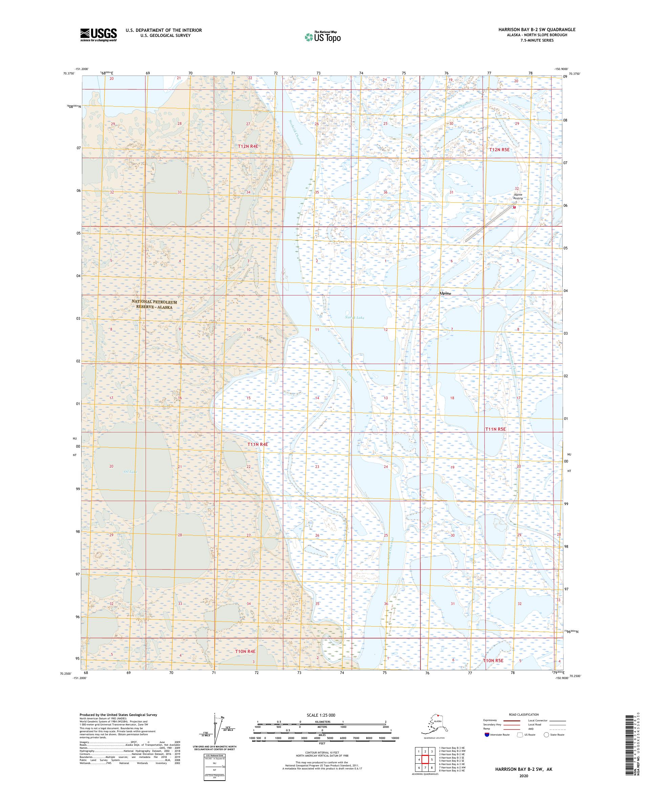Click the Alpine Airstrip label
[518, 196]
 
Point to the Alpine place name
[445, 293]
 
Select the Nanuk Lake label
[354, 317]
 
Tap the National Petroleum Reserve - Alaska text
[154, 304]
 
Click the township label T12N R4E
[248, 147]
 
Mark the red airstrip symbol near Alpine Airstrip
[514, 207]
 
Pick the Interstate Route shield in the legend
[486, 735]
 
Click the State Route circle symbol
[546, 735]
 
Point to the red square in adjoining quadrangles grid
[425, 757]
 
